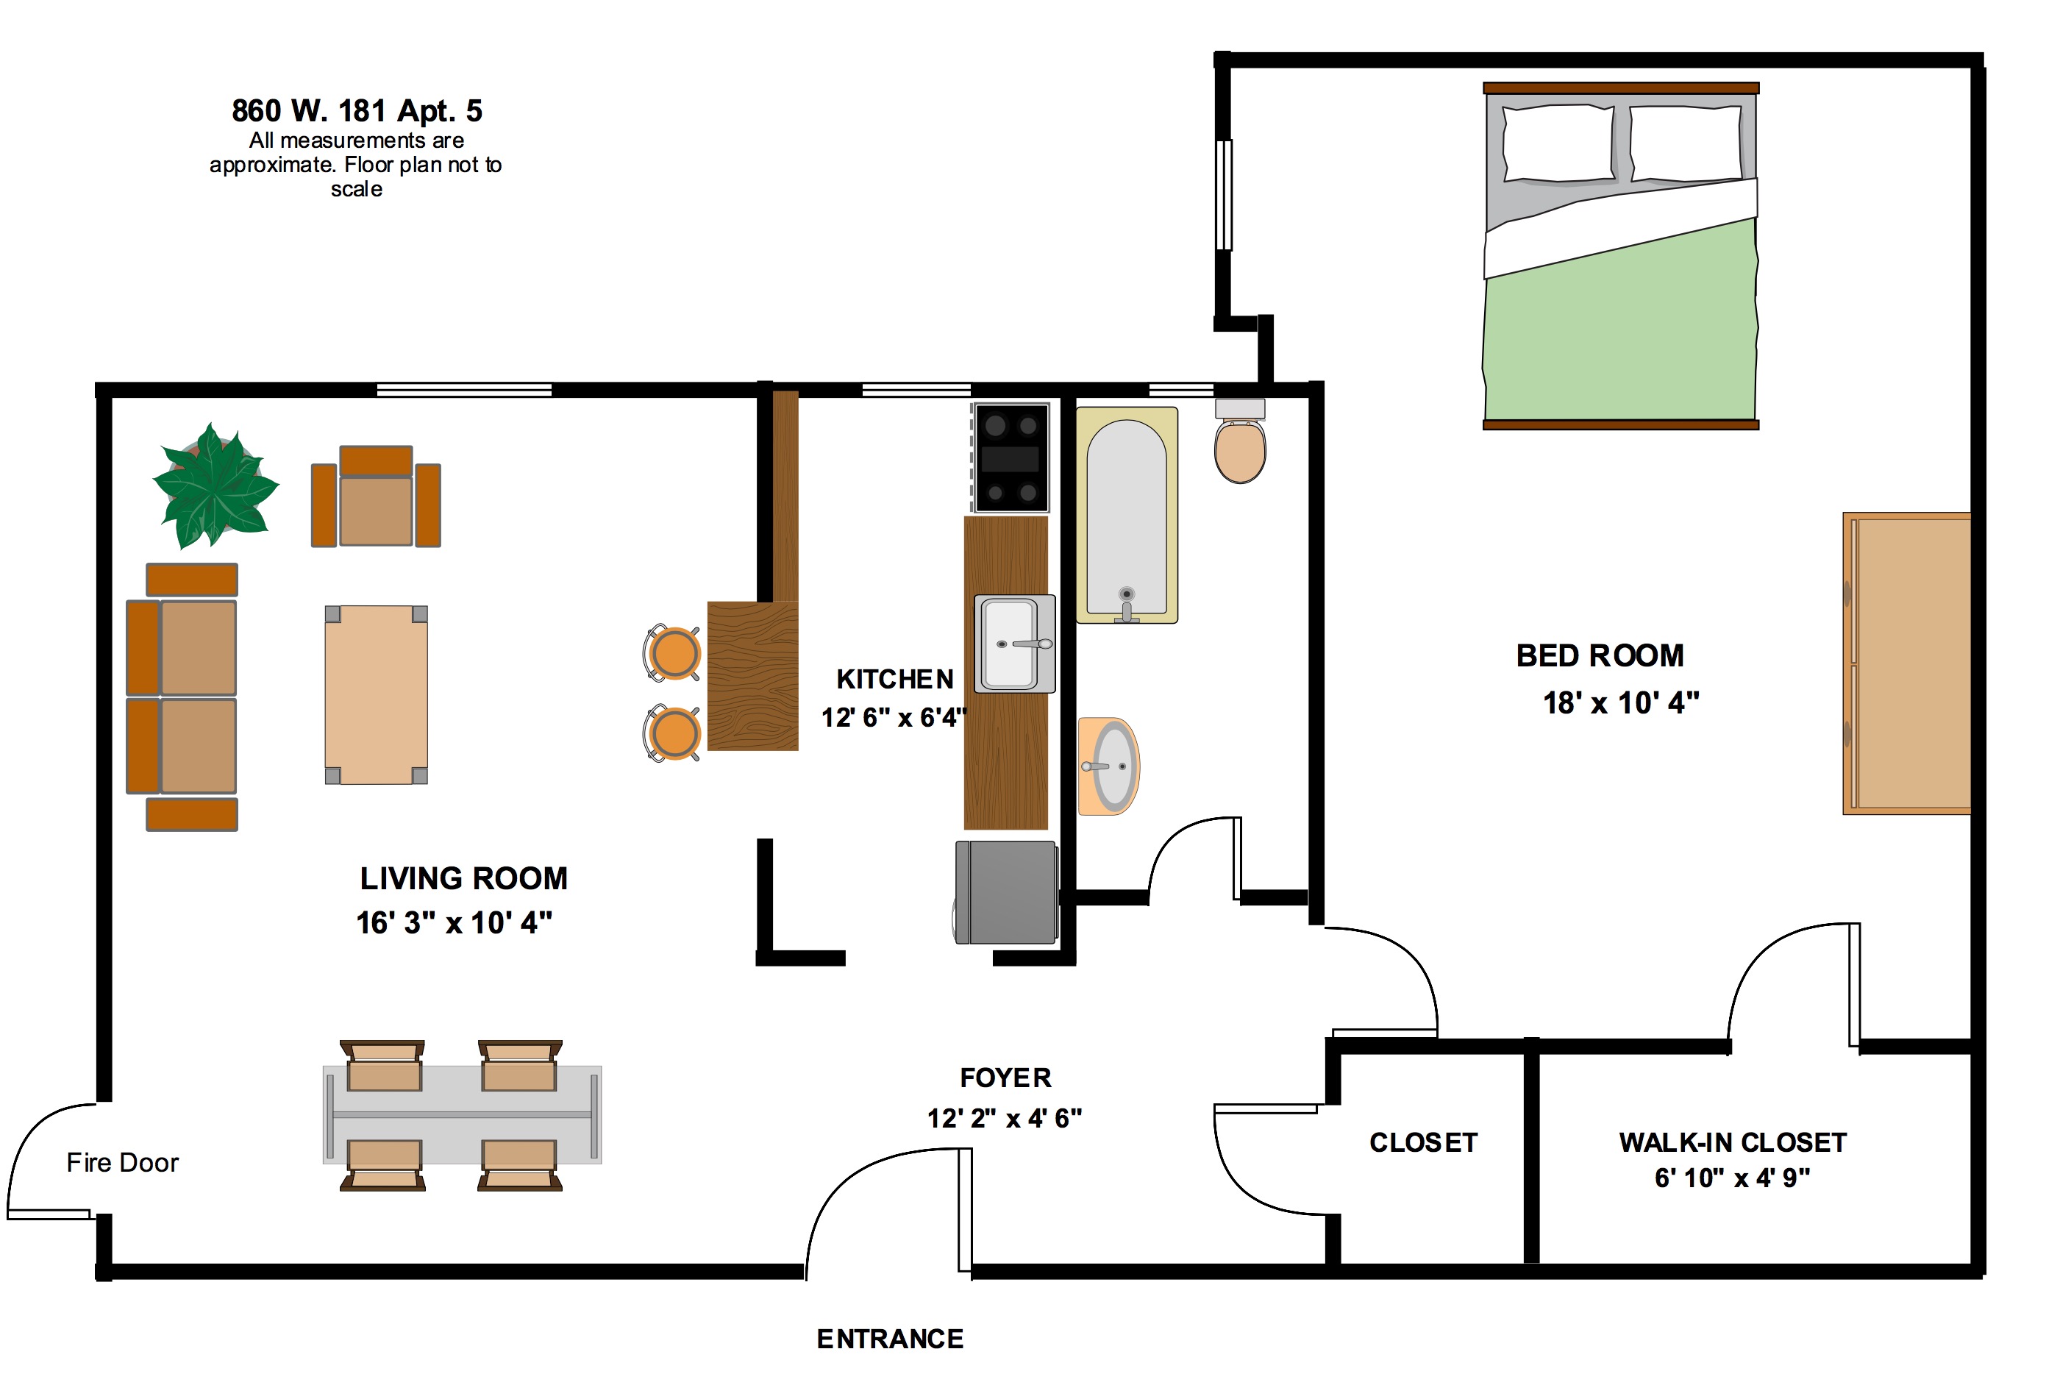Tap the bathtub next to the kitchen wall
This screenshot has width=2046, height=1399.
pos(1127,516)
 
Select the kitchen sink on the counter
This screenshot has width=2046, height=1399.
pos(1015,644)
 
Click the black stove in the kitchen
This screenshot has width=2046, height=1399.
pos(1010,458)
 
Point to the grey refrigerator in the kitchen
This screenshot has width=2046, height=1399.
pos(1005,893)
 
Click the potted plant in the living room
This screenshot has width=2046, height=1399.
pos(215,485)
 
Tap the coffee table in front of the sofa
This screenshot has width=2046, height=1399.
pos(376,694)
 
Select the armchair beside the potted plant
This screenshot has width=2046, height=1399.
pos(376,496)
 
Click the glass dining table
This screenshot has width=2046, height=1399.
pos(462,1114)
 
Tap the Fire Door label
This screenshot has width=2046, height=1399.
pos(122,1163)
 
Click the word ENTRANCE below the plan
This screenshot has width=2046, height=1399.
pos(890,1339)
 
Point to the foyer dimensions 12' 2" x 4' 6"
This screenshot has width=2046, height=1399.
pos(1005,1118)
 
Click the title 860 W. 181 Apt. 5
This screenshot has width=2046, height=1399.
pos(357,111)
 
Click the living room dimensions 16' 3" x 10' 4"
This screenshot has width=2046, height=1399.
pos(455,922)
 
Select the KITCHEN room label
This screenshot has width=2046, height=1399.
pos(894,679)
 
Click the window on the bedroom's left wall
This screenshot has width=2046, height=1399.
pos(1224,195)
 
